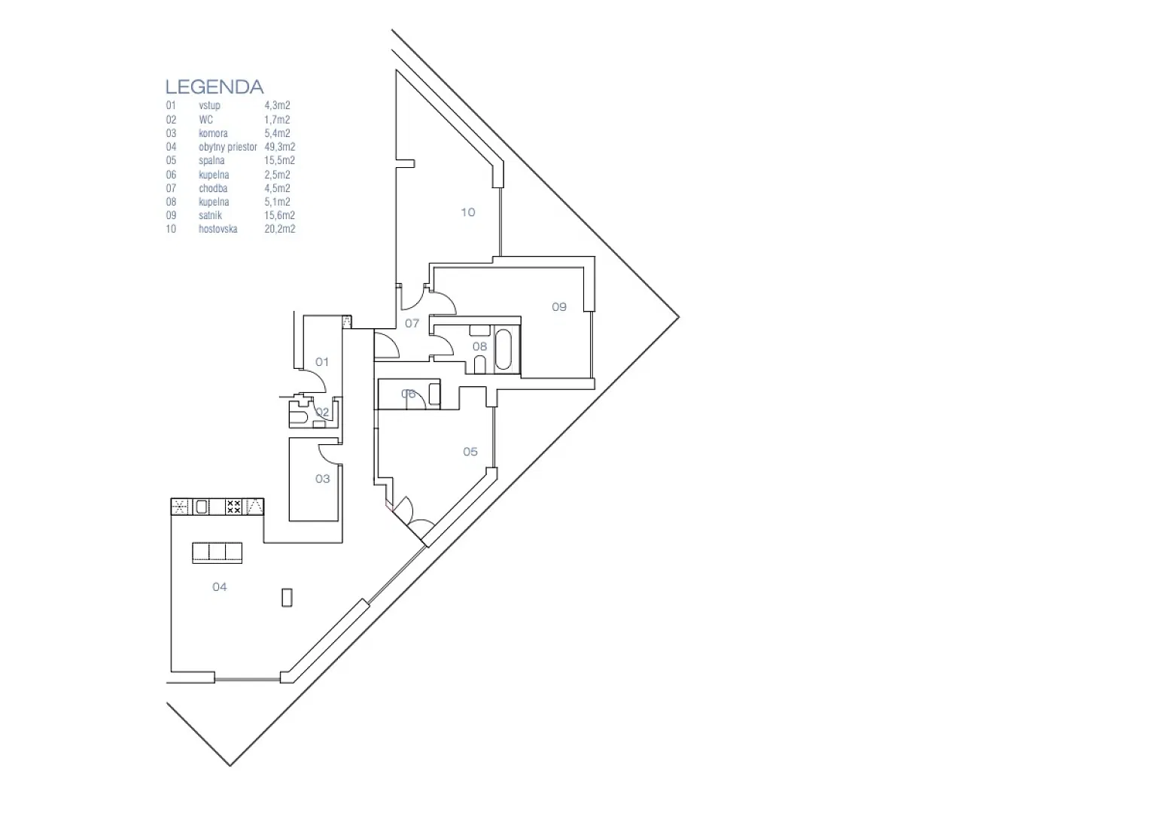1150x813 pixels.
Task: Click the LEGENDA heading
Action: click(x=214, y=87)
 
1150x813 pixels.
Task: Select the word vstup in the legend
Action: click(x=209, y=106)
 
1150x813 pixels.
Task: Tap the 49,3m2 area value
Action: click(x=280, y=147)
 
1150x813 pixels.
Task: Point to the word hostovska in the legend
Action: click(x=218, y=229)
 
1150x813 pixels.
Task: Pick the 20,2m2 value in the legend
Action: click(x=280, y=229)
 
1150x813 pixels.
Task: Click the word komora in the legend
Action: click(x=213, y=133)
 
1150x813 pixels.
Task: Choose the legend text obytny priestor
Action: click(x=228, y=147)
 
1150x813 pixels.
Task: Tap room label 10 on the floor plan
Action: click(x=467, y=212)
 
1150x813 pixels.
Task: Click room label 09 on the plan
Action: click(x=559, y=307)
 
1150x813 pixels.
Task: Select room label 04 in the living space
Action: click(x=220, y=587)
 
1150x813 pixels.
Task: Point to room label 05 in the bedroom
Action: click(x=470, y=452)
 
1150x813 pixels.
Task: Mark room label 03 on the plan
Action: click(x=322, y=480)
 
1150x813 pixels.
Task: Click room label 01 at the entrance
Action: click(x=322, y=362)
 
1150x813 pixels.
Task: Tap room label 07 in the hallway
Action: click(x=412, y=324)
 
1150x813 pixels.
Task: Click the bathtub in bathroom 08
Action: click(x=503, y=350)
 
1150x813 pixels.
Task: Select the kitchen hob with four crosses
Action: click(x=233, y=507)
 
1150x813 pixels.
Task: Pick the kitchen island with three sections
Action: click(x=218, y=553)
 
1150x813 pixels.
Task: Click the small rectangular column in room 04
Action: click(x=287, y=598)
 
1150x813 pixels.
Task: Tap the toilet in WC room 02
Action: click(x=298, y=415)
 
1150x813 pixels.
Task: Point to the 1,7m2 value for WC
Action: click(x=277, y=120)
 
